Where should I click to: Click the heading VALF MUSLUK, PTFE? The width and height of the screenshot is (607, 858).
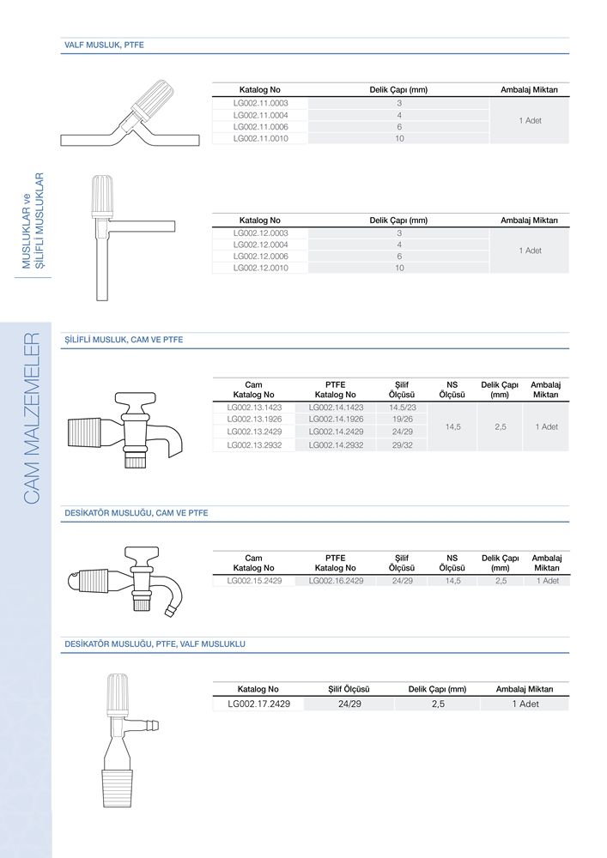(104, 45)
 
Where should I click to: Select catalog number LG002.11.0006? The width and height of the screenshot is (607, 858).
(260, 127)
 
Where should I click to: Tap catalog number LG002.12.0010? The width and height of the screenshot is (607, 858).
(260, 268)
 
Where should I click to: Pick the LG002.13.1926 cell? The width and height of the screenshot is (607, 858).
(254, 420)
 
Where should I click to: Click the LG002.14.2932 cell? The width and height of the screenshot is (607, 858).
(336, 445)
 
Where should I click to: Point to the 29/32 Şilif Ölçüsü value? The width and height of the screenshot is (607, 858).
(403, 445)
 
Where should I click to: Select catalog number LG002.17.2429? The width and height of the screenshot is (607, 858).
(259, 704)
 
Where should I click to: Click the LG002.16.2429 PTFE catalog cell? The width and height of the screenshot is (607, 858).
(336, 581)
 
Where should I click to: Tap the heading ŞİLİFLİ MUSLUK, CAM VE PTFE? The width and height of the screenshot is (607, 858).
(124, 340)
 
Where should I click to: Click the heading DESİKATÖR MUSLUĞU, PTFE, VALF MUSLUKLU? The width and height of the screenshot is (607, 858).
(155, 644)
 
